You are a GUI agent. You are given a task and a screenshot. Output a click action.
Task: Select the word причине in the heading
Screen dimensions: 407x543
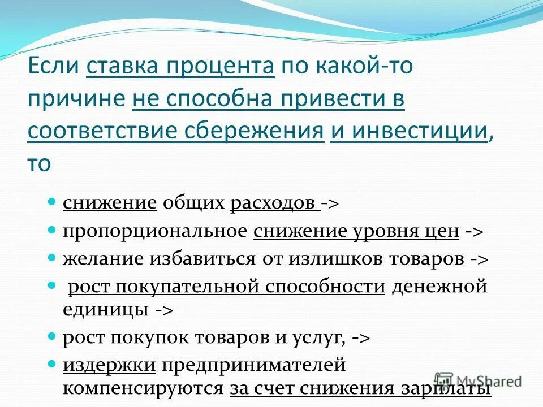coord(76,99)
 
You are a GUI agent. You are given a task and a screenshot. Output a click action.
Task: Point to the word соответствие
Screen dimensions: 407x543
coord(101,131)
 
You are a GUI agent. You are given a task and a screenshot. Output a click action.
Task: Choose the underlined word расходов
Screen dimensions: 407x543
coord(274,203)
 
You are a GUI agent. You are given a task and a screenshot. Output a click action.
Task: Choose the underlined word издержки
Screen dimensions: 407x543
coord(109,365)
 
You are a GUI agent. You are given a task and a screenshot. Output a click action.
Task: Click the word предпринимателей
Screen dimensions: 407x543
coord(253,365)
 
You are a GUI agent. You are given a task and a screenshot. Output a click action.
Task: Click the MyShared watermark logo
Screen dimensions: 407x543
coord(477,381)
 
